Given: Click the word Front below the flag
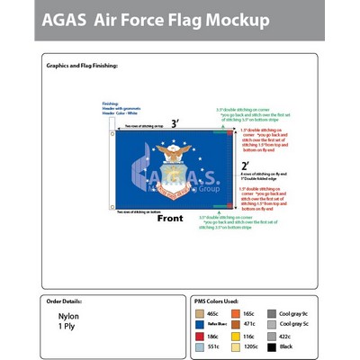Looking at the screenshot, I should coord(170,218).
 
